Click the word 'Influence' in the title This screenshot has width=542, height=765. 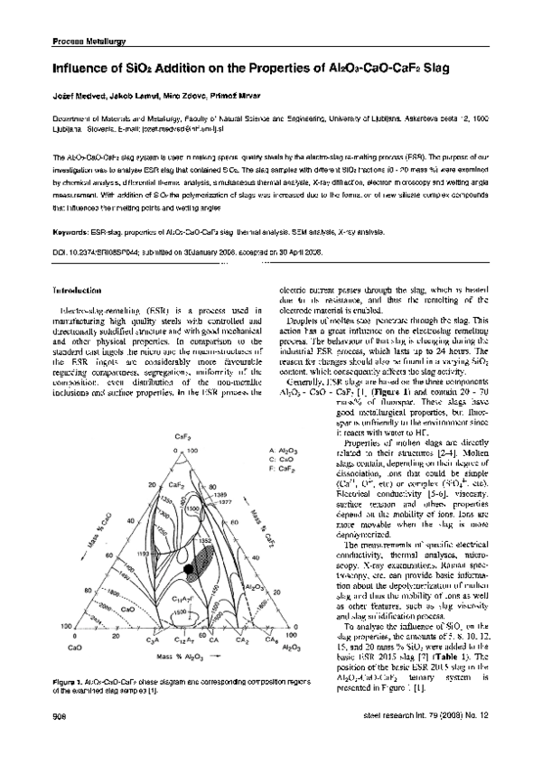(x=84, y=68)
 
